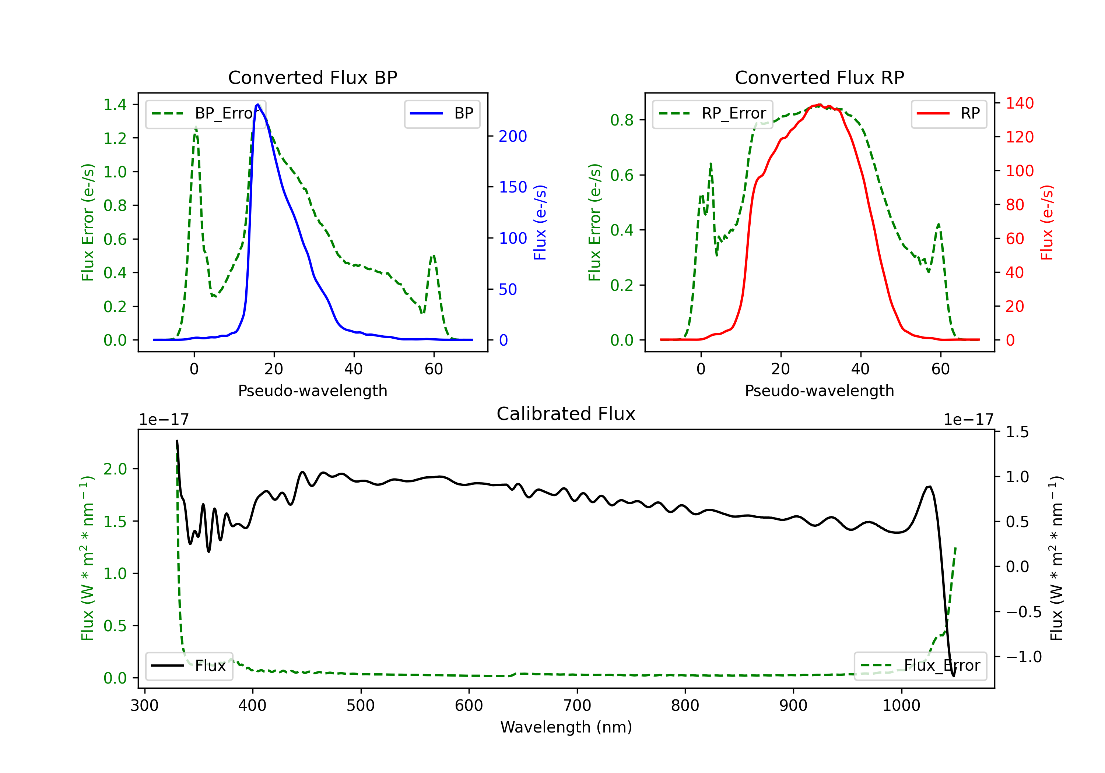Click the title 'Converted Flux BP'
coord(312,77)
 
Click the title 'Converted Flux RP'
coord(819,77)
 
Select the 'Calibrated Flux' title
coord(566,414)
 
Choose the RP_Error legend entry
coord(712,113)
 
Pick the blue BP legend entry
coord(442,113)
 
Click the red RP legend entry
coord(948,113)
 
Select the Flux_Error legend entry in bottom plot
coord(920,666)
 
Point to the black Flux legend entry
coord(189,666)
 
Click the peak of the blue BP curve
coord(258,105)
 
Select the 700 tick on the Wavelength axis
coord(577,706)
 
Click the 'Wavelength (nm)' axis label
coord(566,727)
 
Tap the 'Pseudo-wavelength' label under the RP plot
coord(819,391)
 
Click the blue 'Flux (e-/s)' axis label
coord(540,222)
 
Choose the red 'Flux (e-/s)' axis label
coord(1047,222)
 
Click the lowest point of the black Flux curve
coord(953,676)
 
